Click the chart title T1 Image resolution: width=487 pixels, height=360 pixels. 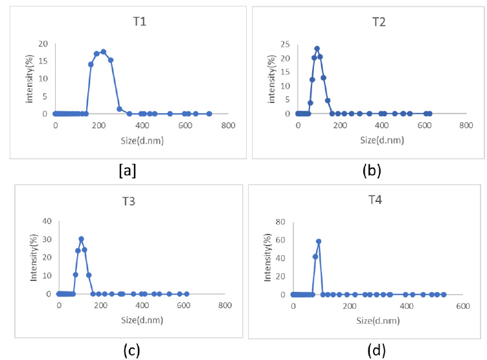(139, 22)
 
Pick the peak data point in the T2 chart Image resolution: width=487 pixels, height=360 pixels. (317, 49)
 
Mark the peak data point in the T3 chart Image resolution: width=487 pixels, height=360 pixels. (81, 239)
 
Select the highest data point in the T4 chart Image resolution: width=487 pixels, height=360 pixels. (319, 241)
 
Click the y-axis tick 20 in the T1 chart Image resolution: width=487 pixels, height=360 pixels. (43, 44)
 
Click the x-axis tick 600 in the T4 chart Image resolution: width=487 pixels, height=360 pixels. (462, 306)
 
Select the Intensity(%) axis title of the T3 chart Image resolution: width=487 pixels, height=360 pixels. (32, 257)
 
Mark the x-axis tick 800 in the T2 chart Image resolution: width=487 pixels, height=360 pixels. (466, 126)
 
